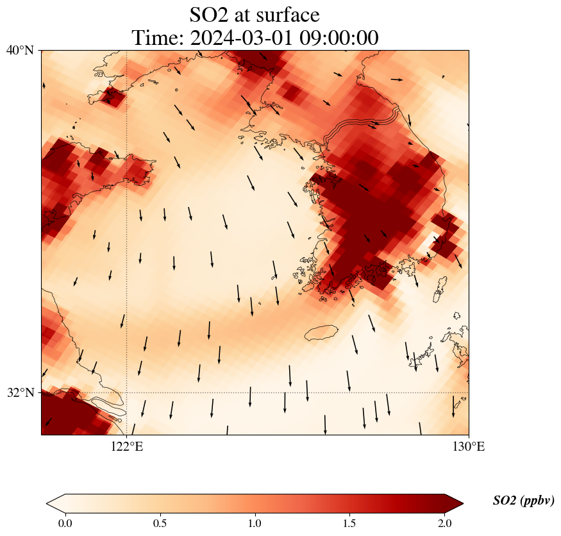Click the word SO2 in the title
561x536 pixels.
coord(211,14)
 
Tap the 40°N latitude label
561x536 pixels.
coord(21,50)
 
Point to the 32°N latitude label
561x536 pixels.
coord(21,392)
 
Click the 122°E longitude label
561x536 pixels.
coord(127,446)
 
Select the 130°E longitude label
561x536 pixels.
coord(469,446)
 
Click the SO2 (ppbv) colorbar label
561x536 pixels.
coord(523,501)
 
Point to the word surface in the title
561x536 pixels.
coord(288,14)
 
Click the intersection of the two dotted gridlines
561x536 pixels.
coord(127,392)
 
